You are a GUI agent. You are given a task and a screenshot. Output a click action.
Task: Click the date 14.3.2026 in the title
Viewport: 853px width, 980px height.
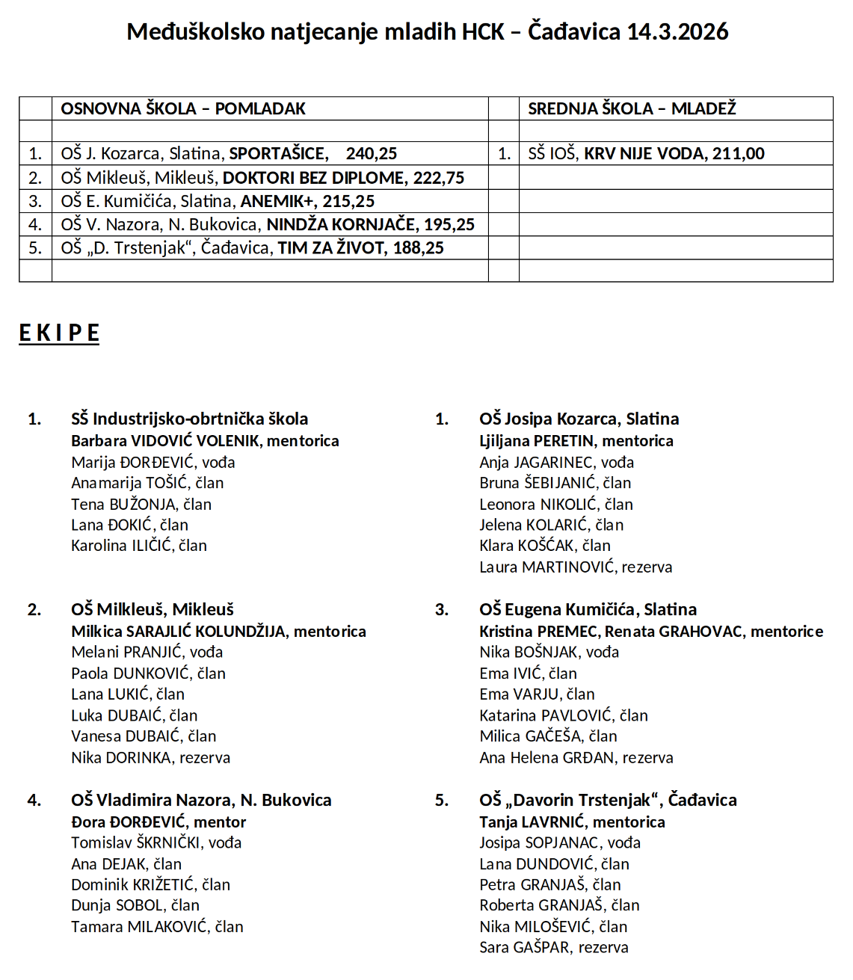677,31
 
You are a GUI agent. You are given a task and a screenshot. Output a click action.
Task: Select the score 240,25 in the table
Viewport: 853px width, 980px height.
372,154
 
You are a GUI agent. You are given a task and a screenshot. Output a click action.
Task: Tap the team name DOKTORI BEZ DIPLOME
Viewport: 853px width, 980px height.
313,178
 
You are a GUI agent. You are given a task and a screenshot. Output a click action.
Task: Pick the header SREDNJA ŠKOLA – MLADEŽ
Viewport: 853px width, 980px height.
632,109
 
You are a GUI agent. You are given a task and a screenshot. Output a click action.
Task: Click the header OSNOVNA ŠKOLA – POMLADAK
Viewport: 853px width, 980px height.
183,109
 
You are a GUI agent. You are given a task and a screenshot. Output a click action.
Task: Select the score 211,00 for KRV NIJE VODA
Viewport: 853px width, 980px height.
739,154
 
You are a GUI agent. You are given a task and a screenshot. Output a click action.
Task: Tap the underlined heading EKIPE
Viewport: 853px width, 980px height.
59,333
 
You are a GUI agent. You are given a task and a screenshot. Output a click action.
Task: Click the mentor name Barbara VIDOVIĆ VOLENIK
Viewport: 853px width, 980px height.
165,441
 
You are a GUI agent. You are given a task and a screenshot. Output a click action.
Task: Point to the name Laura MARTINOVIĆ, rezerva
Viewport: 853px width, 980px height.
576,567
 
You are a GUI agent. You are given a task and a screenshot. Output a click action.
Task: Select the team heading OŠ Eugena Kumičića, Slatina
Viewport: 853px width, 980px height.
588,609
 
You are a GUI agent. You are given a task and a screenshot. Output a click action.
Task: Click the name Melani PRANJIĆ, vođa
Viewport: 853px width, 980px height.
147,652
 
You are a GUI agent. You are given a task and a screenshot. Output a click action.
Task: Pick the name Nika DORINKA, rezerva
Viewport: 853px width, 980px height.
151,758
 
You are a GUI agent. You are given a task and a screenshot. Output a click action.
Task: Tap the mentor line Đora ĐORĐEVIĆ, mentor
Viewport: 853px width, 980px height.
158,822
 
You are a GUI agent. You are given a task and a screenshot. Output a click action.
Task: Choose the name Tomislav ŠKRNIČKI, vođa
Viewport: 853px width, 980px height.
156,843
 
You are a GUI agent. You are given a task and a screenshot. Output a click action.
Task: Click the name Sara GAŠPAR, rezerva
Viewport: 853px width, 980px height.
554,948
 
